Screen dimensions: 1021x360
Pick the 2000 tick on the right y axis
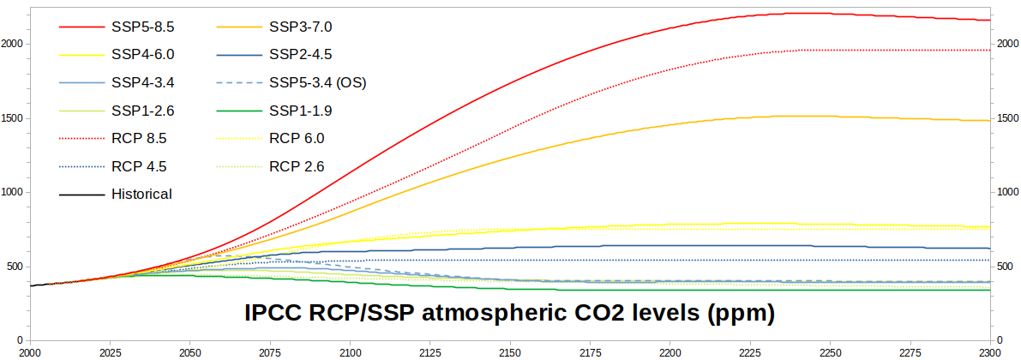coord(1006,45)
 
